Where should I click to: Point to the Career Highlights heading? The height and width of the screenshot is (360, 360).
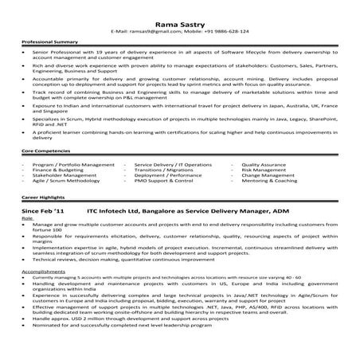tap(43, 194)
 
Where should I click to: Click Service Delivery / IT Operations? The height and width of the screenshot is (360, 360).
tap(173, 163)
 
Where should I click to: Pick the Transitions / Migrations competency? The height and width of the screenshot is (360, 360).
tap(163, 169)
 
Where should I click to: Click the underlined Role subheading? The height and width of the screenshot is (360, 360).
tap(28, 216)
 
